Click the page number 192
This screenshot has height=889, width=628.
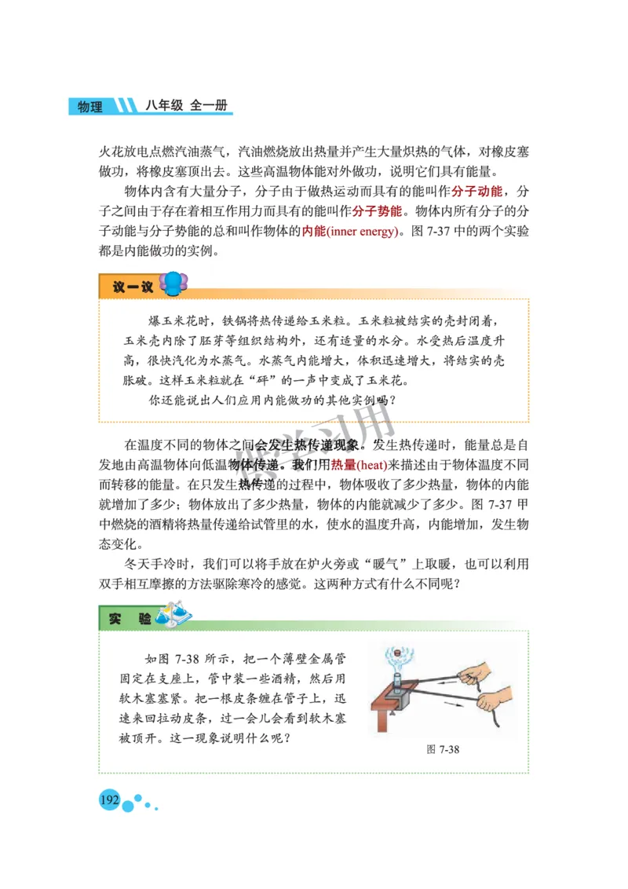(109, 800)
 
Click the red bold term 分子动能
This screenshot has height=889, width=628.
(478, 192)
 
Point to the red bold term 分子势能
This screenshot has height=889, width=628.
(377, 212)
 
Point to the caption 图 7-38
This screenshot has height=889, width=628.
(443, 749)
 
